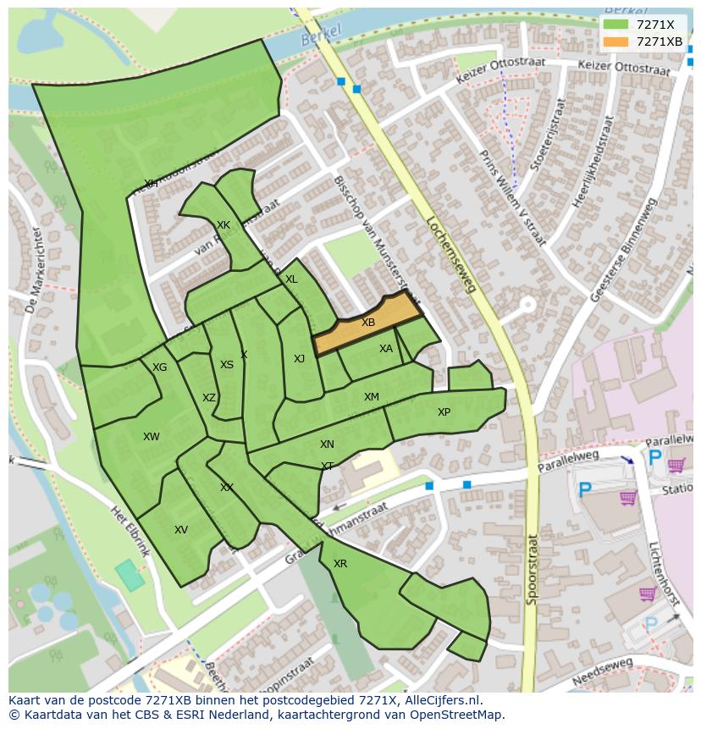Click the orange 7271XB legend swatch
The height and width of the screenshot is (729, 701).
point(616,41)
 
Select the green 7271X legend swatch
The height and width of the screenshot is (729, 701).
point(616,25)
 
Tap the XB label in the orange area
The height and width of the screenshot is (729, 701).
point(368,323)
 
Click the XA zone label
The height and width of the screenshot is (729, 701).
point(386,349)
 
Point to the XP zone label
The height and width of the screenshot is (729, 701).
point(444,412)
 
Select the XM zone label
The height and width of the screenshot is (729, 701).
point(372,397)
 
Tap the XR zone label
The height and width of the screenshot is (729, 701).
point(340,564)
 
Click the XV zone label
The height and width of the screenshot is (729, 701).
point(181,530)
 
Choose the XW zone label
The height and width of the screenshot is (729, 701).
point(152,437)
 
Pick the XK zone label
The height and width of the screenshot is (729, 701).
point(224,225)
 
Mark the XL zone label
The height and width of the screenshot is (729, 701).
point(291,279)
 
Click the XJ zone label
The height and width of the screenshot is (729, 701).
point(299,359)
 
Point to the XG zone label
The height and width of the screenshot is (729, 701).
point(160,367)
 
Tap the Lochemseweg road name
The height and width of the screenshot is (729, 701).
point(451,253)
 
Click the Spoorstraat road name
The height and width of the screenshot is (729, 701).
point(531,568)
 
